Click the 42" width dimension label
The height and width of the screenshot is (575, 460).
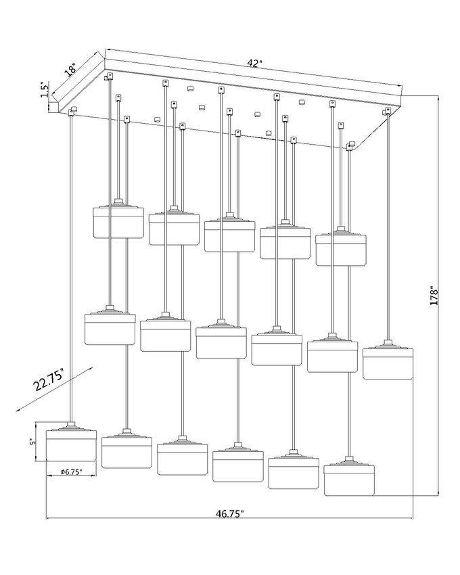point(254,64)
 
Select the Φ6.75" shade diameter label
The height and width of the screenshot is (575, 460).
point(70,471)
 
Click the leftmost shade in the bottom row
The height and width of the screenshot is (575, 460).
point(71,446)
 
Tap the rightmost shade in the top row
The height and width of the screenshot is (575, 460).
point(341,249)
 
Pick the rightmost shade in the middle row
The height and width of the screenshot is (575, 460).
point(388,363)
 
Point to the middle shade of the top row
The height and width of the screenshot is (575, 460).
point(229,235)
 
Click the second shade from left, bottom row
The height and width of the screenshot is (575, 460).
point(127,452)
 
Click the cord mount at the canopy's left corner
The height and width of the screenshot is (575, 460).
point(73,110)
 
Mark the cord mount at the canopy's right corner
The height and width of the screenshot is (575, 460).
point(388,110)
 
